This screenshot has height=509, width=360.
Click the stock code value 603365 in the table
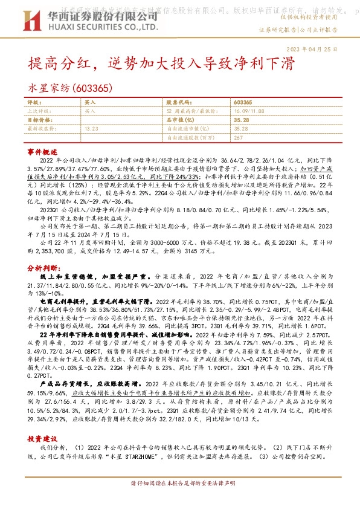[243, 103]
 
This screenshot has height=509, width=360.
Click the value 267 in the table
[238, 137]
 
